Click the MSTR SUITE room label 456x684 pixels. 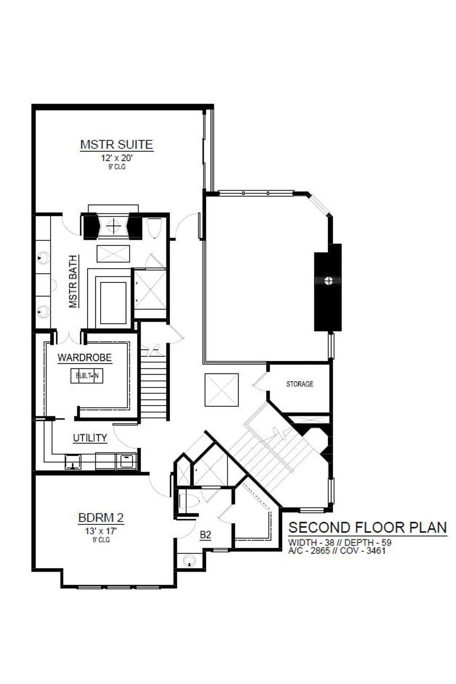117,144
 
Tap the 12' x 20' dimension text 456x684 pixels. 117,158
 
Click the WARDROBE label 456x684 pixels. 85,357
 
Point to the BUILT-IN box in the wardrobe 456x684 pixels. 87,376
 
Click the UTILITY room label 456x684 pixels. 90,438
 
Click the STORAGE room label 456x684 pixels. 299,384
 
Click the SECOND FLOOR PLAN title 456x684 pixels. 368,527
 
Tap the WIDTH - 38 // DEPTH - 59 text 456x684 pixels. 340,543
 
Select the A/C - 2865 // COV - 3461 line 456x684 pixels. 337,551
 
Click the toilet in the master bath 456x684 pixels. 153,227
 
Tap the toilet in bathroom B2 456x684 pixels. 188,501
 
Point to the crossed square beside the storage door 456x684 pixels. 221,390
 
